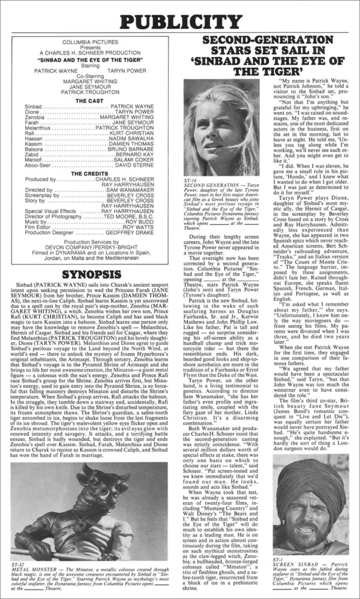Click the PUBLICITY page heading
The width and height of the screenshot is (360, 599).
(180, 22)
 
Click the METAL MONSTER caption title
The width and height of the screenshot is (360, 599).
(33, 571)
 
